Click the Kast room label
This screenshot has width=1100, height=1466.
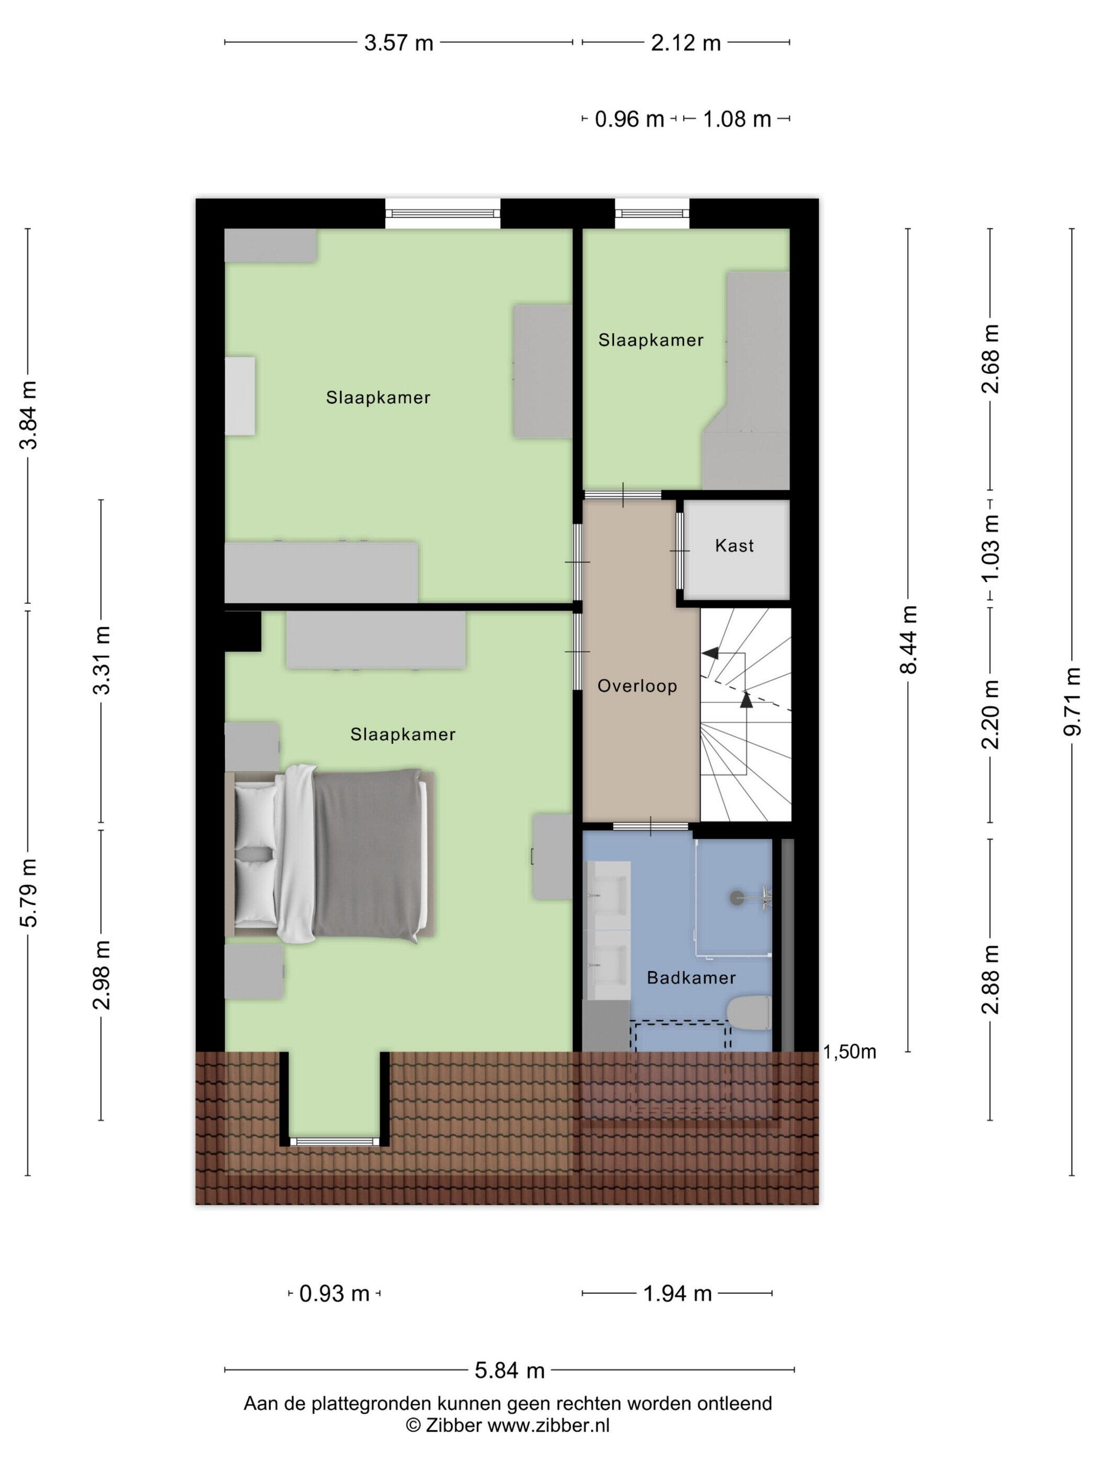click(x=734, y=546)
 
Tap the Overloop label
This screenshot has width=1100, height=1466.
click(x=637, y=686)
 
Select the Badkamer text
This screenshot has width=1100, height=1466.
click(x=691, y=978)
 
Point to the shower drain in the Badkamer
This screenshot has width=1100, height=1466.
click(x=736, y=898)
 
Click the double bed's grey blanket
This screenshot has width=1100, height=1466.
click(x=367, y=855)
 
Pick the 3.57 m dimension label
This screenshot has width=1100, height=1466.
click(x=399, y=43)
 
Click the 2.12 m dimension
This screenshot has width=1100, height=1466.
click(x=686, y=43)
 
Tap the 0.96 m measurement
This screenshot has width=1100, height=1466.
click(x=629, y=119)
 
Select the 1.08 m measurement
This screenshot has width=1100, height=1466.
click(x=736, y=119)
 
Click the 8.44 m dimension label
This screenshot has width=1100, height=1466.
click(x=908, y=640)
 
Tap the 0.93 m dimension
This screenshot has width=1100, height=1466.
click(x=334, y=1294)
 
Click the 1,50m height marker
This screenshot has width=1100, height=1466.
click(x=850, y=1052)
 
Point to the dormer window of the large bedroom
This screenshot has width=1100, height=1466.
click(x=334, y=1142)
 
